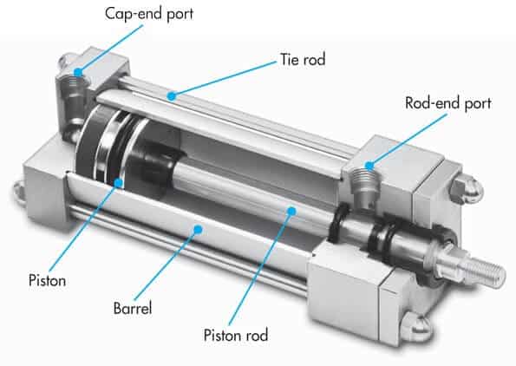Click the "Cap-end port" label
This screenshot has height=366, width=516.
click(149, 14)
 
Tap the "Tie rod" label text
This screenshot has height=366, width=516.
click(303, 60)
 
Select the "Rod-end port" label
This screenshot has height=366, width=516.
click(447, 103)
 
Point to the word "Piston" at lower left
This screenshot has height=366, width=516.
click(48, 280)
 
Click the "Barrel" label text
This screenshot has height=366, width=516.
click(133, 309)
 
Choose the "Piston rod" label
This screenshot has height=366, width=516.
click(236, 335)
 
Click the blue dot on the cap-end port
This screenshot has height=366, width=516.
click(78, 72)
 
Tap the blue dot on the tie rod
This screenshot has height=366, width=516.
click(172, 96)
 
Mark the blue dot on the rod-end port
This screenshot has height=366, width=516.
click(370, 166)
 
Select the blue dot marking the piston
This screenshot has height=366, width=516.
click(119, 183)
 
